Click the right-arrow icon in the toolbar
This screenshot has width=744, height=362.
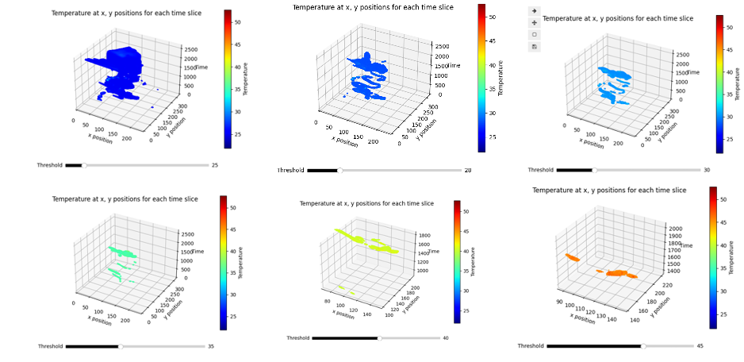point(535,10)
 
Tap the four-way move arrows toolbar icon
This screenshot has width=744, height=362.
point(535,22)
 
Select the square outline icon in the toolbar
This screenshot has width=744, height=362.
point(535,35)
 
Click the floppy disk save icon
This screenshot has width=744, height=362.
point(535,47)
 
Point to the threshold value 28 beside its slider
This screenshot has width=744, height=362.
point(467,170)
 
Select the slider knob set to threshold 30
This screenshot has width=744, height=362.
point(593,169)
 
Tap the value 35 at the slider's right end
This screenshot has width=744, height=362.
point(211,346)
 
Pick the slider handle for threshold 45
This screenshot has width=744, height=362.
point(643,346)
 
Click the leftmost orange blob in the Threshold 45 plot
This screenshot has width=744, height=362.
point(572,257)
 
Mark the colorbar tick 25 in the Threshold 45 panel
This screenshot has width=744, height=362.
point(721,314)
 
